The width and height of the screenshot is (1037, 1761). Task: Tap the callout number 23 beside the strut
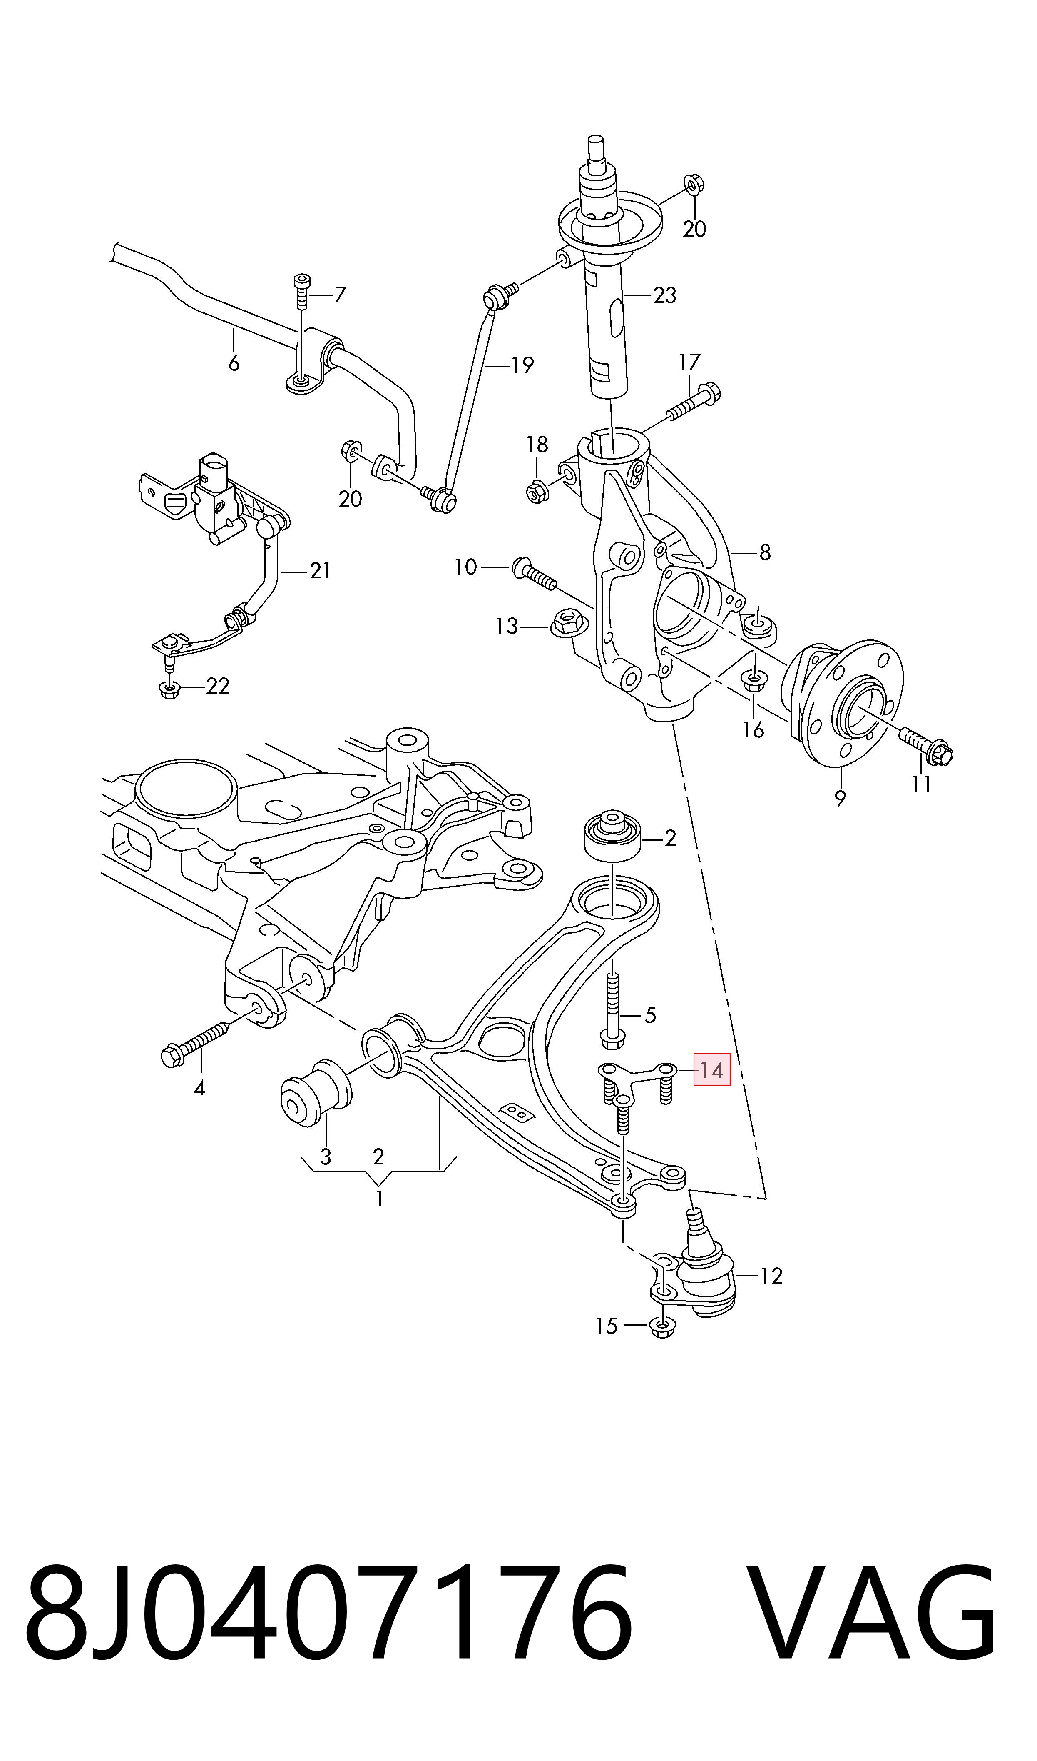(x=664, y=296)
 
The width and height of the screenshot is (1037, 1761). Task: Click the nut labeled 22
(x=170, y=690)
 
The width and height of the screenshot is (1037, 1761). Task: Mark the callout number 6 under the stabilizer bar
(x=234, y=364)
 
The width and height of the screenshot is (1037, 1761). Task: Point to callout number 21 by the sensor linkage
(x=320, y=571)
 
